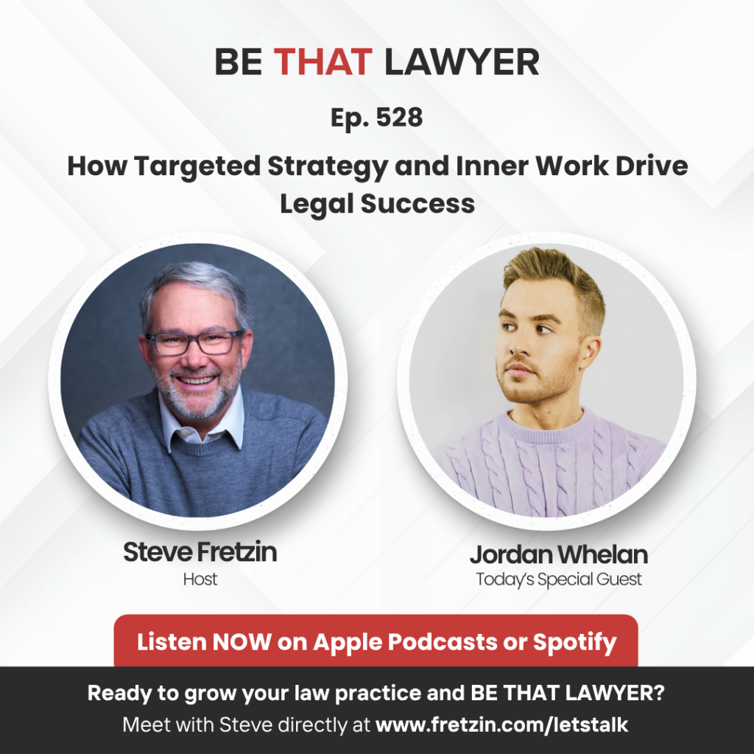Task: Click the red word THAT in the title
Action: [x=323, y=62]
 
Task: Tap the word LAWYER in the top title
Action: [x=462, y=62]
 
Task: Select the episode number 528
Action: [x=399, y=117]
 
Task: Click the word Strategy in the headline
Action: [x=328, y=167]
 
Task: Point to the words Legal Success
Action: [x=378, y=203]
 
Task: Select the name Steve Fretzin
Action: [x=200, y=552]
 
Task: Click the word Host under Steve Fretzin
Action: [x=200, y=579]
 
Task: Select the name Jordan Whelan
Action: [x=559, y=554]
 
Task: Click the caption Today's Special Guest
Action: [x=559, y=579]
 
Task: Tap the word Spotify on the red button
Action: [x=574, y=642]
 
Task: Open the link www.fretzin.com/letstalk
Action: [x=501, y=725]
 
